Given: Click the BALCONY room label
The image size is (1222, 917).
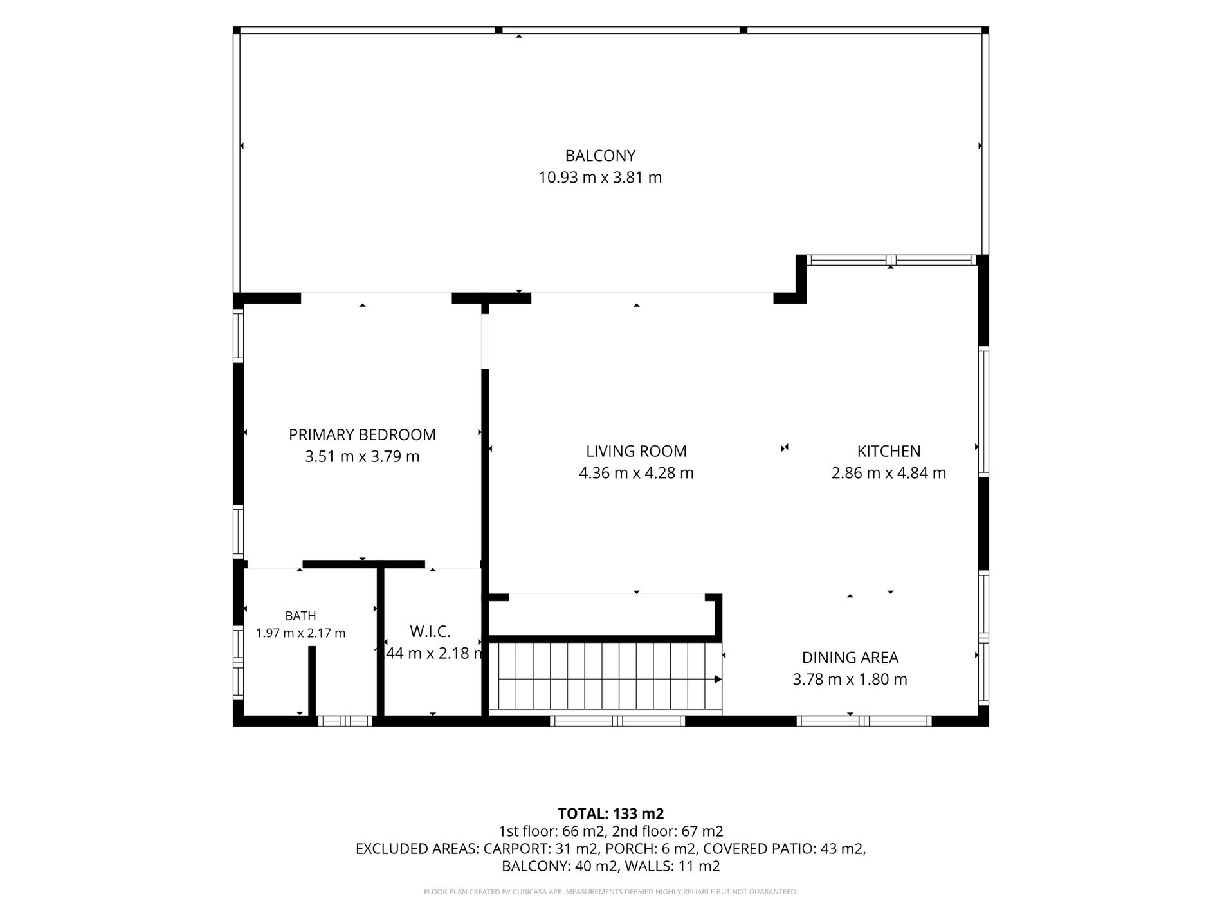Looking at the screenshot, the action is click(x=600, y=156).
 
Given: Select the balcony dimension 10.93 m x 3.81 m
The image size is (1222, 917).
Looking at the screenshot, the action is click(x=600, y=178).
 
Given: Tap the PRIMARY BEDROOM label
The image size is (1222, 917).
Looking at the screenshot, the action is click(x=362, y=435).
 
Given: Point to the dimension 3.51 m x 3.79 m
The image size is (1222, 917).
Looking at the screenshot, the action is click(x=362, y=457).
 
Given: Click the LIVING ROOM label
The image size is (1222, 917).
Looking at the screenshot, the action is click(x=636, y=452).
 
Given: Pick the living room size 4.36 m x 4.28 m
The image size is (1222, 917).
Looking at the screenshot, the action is click(x=636, y=474).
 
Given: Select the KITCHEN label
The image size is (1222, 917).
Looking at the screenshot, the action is click(x=889, y=452).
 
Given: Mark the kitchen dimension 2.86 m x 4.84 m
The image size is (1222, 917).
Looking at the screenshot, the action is click(x=889, y=474).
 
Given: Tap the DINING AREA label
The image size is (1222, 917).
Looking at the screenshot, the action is click(x=850, y=658).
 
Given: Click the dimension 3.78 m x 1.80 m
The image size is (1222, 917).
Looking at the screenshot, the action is click(x=850, y=680).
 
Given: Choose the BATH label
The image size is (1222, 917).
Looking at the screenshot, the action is click(x=300, y=616).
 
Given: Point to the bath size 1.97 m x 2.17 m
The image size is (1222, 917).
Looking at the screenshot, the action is click(x=300, y=633).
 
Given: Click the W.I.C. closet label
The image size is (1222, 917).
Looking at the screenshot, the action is click(x=430, y=631).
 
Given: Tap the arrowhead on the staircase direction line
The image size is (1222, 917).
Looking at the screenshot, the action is click(x=718, y=680).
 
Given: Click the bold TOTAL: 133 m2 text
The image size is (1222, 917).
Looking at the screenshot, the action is click(x=611, y=814).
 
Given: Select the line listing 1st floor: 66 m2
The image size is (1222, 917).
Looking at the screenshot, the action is click(x=611, y=831).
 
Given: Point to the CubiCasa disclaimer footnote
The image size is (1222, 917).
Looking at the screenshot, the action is click(x=611, y=892).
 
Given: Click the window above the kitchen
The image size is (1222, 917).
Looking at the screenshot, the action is click(x=891, y=261).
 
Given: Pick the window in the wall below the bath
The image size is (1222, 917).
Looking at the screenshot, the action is click(x=345, y=721).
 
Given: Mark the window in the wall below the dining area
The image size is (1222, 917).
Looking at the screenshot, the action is click(x=864, y=721).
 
